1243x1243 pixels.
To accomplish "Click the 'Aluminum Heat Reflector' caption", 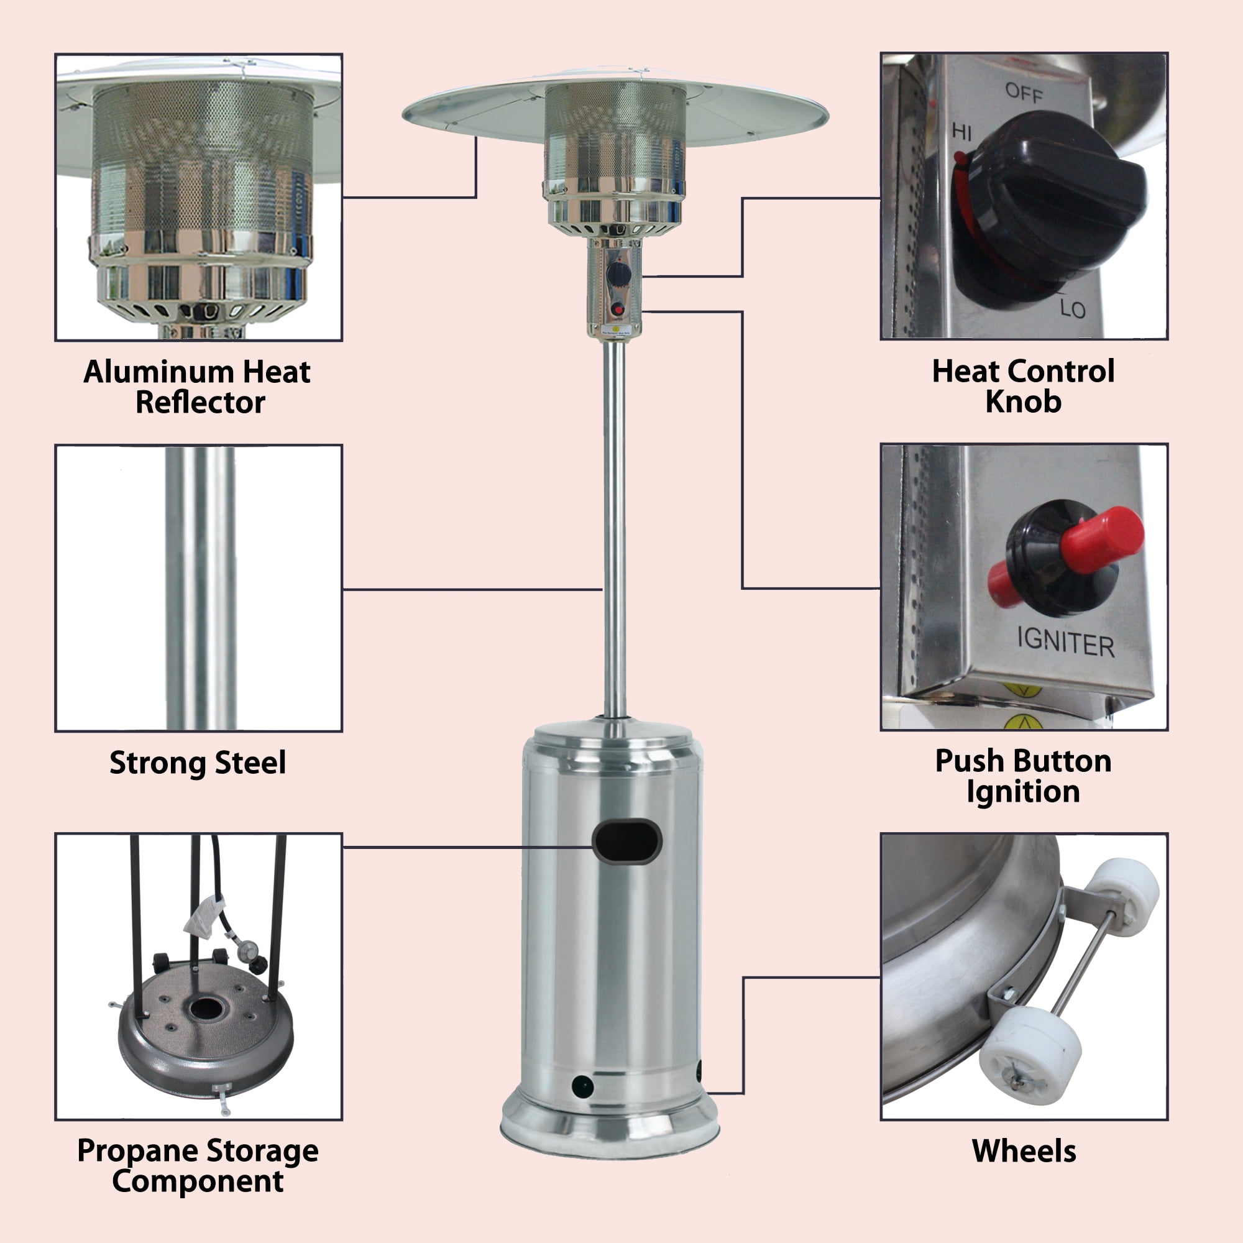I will (197, 387).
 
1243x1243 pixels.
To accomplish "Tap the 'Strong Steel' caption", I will (198, 763).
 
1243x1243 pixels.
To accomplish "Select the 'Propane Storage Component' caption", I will (198, 1165).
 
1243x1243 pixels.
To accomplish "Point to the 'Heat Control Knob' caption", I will (1023, 386).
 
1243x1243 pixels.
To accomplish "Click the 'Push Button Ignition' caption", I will (1023, 776).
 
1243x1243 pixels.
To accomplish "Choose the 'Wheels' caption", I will (1024, 1150).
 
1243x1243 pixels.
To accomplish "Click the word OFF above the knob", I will (1024, 93).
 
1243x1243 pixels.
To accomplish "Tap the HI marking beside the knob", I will (962, 132).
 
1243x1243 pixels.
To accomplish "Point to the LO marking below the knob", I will (1073, 310).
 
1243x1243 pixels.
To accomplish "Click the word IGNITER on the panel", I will (1065, 643).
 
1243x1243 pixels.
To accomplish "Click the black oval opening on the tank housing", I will (626, 841).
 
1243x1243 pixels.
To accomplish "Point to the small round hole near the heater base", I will (583, 1086).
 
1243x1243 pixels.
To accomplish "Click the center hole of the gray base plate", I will (206, 1008).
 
